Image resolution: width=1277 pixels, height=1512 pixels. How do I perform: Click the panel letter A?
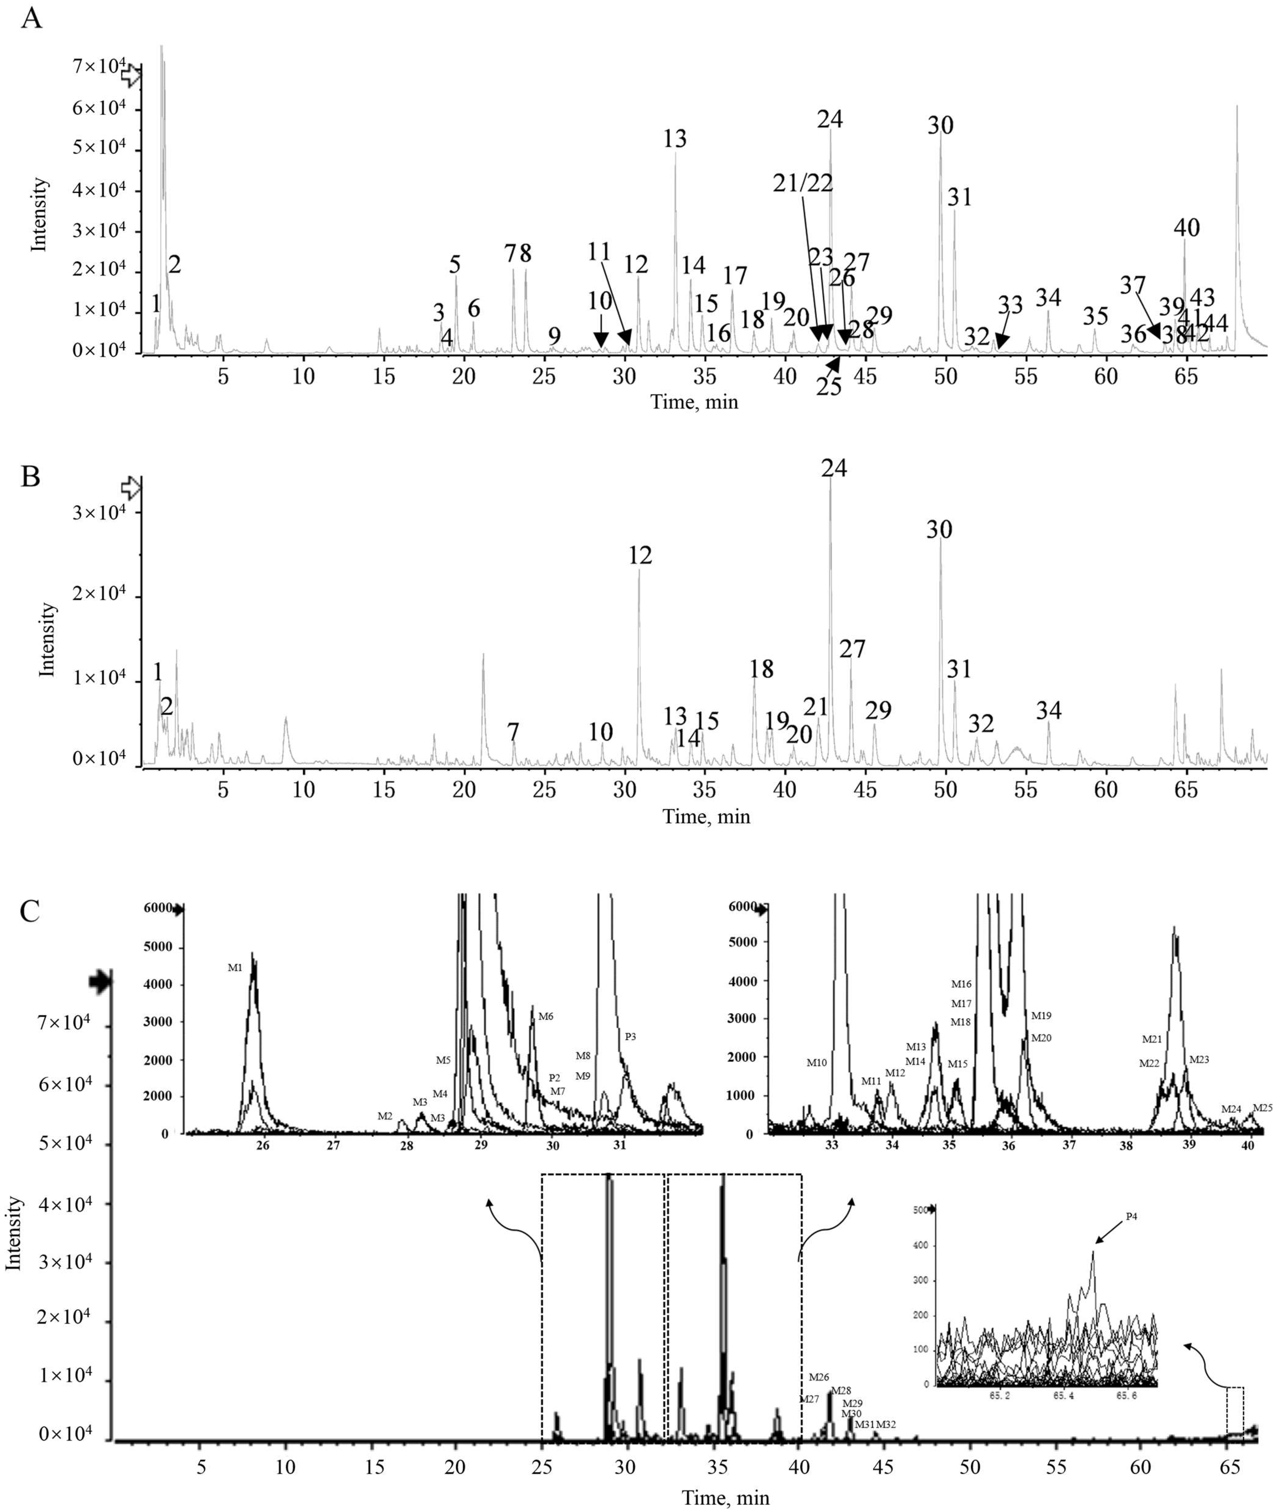31,17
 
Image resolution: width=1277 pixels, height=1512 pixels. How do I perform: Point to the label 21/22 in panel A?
802,183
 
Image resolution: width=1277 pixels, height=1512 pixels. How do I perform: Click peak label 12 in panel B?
640,555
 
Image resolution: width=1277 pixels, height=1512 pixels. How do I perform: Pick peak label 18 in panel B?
762,668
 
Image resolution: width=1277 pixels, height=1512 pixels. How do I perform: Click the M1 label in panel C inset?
235,967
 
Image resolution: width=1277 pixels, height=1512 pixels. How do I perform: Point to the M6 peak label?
546,1016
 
